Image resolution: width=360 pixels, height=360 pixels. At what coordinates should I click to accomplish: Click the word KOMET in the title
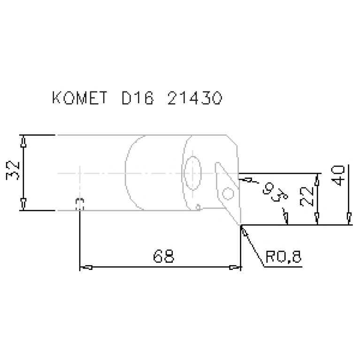point(80,98)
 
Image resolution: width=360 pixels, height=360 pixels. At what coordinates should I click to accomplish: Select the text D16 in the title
point(138,98)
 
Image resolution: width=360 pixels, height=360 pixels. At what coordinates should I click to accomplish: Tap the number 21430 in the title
point(195,98)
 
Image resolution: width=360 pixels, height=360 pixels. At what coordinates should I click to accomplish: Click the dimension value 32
point(13,171)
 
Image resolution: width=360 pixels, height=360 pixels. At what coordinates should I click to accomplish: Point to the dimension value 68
point(163,256)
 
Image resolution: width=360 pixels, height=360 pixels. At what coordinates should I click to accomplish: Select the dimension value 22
point(307,196)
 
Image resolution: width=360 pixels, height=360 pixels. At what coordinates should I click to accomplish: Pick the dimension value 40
point(338,176)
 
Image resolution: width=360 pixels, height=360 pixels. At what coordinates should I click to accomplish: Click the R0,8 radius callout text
point(283,256)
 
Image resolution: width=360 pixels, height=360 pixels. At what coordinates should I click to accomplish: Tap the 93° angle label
point(275,192)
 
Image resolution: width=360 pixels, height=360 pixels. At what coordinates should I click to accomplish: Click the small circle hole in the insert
point(228,193)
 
